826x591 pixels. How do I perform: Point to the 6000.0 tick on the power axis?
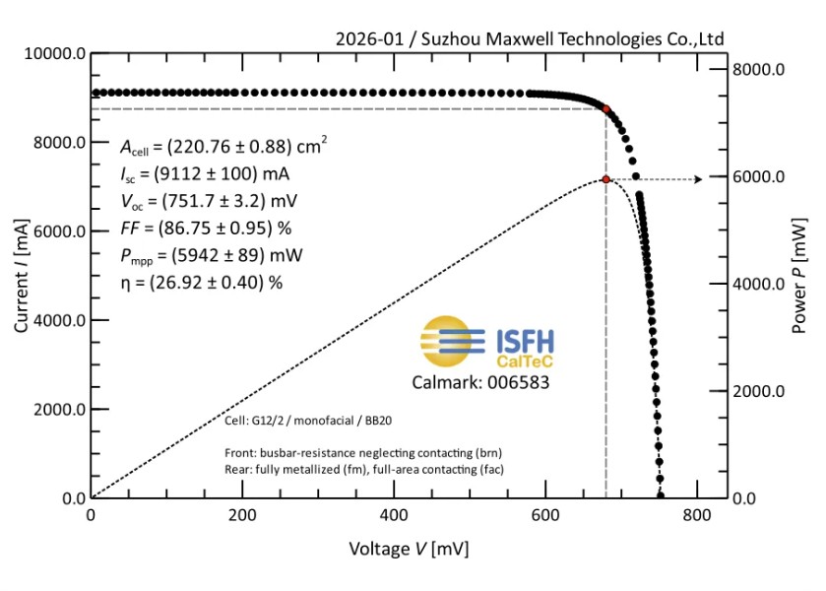(762, 177)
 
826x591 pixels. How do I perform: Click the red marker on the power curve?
(605, 179)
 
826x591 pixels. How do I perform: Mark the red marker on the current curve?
(606, 109)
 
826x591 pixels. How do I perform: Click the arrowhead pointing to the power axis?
(698, 179)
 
